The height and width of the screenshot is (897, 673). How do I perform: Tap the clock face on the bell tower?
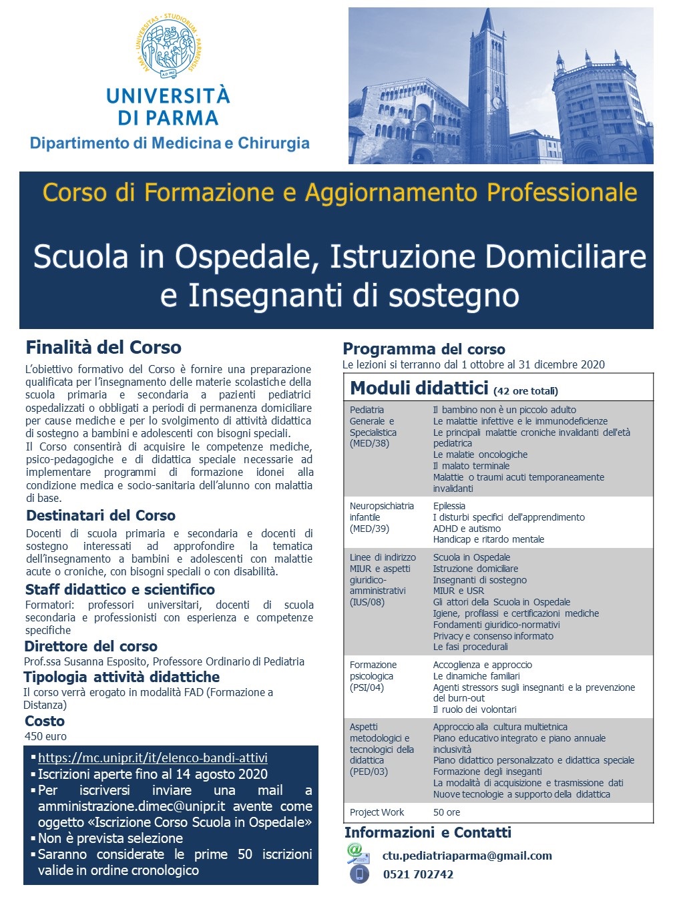[x=497, y=103]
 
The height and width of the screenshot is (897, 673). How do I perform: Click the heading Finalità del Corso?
[x=103, y=348]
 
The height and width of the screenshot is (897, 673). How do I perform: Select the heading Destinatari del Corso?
[x=101, y=516]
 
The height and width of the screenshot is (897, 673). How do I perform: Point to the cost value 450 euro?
[x=45, y=736]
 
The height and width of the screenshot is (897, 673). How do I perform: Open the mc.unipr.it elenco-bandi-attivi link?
[x=152, y=758]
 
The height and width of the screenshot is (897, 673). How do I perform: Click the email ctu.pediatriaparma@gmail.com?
[x=467, y=856]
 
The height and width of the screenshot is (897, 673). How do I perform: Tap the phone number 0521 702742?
[x=418, y=874]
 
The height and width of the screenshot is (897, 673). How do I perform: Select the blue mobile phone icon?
[x=359, y=874]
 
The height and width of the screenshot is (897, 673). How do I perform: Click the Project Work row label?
[x=377, y=812]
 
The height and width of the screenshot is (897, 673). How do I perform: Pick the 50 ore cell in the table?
[x=447, y=812]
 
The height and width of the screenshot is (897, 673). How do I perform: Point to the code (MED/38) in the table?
[x=369, y=444]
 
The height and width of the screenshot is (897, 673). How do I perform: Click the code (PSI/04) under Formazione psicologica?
[x=367, y=687]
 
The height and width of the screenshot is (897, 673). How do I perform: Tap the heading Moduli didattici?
[x=419, y=388]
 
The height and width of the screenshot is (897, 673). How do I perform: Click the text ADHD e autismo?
[x=467, y=529]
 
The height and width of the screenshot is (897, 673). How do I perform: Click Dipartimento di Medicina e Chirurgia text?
[x=170, y=143]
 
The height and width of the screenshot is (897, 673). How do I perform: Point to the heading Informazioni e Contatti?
[x=427, y=833]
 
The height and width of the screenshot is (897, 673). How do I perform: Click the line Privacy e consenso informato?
[x=493, y=636]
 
